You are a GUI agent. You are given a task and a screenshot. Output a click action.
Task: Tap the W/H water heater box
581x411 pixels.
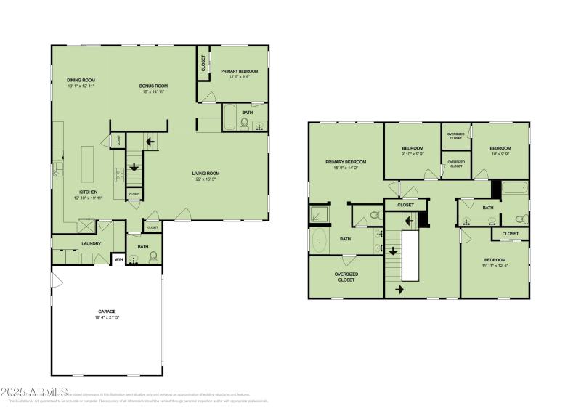pos(118,260)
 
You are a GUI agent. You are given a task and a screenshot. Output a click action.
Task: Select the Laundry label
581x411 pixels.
pos(92,243)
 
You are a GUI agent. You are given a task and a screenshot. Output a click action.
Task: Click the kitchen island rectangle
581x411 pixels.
pos(89,165)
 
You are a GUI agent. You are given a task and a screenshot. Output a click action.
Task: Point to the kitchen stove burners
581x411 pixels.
pos(118,174)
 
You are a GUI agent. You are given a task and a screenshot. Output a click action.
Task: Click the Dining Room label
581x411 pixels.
pos(81,80)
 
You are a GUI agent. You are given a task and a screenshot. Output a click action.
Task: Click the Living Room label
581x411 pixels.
pos(206,173)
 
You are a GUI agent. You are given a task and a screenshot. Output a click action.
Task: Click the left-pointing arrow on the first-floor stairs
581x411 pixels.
pos(152,142)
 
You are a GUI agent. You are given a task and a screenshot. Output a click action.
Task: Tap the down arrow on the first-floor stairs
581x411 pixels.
pos(134,167)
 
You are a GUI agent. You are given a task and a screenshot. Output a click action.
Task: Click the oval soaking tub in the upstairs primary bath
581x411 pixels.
pos(320,239)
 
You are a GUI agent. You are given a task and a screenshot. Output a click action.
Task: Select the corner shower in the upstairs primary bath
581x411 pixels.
pos(319,213)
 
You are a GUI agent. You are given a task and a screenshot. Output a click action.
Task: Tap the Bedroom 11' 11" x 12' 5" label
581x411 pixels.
pos(495,260)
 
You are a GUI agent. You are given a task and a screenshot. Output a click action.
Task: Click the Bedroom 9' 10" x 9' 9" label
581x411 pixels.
pos(412,148)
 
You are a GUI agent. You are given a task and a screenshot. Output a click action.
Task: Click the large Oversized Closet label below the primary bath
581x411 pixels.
pos(346,277)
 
